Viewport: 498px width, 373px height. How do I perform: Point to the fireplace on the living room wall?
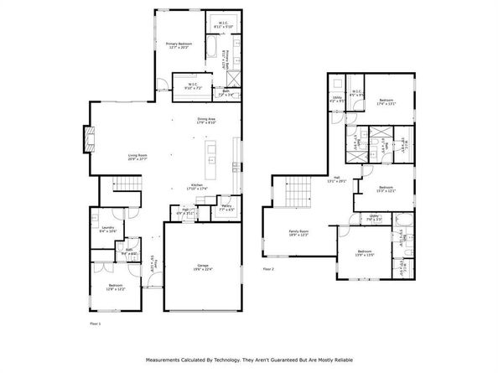86,137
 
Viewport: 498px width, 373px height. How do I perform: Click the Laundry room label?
107,229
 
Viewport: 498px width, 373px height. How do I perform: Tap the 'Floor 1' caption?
95,322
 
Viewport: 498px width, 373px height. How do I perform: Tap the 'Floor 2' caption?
268,269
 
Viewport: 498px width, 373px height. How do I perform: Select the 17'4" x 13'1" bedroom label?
386,103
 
